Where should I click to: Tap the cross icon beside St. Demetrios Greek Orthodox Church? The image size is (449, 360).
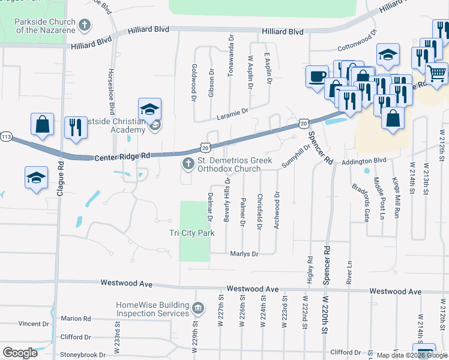pyautogui.click(x=188, y=164)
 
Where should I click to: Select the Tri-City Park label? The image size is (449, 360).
pyautogui.click(x=191, y=233)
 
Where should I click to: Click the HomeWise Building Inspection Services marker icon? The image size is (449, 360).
pyautogui.click(x=199, y=308)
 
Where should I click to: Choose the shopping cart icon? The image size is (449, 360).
pyautogui.click(x=437, y=73)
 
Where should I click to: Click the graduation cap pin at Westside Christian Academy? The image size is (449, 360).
pyautogui.click(x=149, y=109)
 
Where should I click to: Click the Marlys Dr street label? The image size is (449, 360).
pyautogui.click(x=244, y=254)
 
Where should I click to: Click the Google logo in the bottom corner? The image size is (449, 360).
pyautogui.click(x=20, y=353)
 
